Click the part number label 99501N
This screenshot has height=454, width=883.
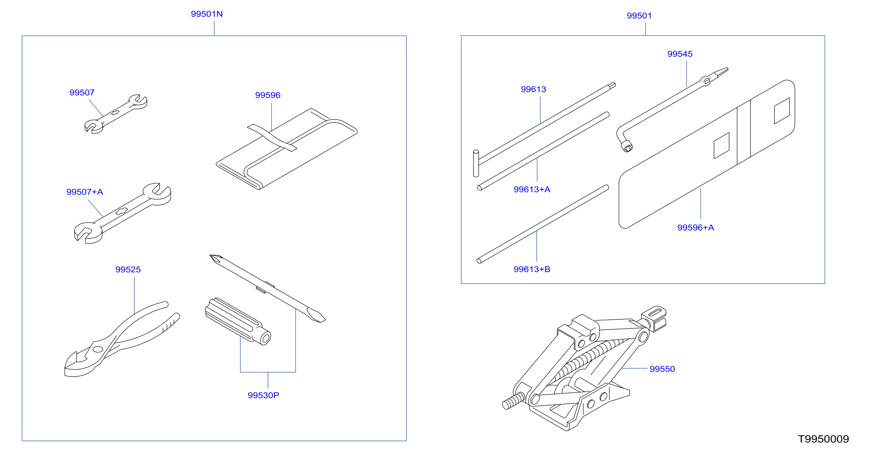tap(207, 14)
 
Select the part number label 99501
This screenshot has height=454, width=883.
tap(639, 16)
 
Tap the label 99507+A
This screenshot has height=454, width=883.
tap(85, 192)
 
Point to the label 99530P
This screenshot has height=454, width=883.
tap(263, 395)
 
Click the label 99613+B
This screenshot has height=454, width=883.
tap(532, 269)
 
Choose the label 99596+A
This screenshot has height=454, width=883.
tap(695, 228)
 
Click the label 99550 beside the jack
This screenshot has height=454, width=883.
tap(662, 369)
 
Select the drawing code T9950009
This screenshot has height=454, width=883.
tap(823, 439)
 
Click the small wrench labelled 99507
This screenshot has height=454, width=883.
tap(116, 114)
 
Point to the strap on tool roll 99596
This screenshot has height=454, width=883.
tap(272, 137)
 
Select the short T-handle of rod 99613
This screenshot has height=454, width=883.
tap(476, 163)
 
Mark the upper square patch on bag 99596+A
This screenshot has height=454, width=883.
tap(782, 111)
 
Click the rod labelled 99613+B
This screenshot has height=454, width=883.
tap(543, 224)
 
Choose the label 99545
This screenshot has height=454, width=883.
tap(680, 54)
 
